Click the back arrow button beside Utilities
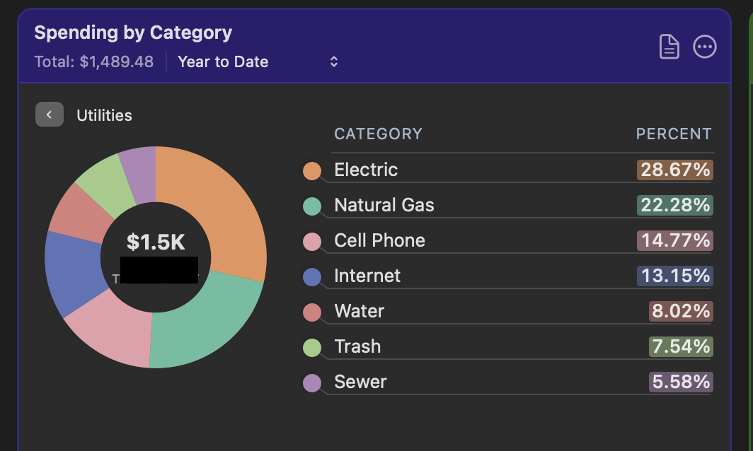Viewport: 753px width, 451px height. pos(50,115)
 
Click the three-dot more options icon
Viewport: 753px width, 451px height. pos(704,47)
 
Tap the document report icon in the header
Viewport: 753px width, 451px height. pos(669,47)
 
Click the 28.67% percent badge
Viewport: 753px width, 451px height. pos(674,170)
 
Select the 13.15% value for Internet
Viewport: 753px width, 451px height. pos(674,276)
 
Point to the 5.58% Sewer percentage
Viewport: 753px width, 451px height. pos(681,382)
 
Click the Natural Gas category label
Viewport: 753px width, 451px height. pos(384,205)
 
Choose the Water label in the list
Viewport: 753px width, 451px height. pos(360,311)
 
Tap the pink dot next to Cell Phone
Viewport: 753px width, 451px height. pos(312,242)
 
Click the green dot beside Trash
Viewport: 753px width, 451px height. pos(312,348)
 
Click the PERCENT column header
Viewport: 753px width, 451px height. pos(674,134)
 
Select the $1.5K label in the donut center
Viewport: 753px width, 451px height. pos(156,242)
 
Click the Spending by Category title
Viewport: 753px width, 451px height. pos(133,33)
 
